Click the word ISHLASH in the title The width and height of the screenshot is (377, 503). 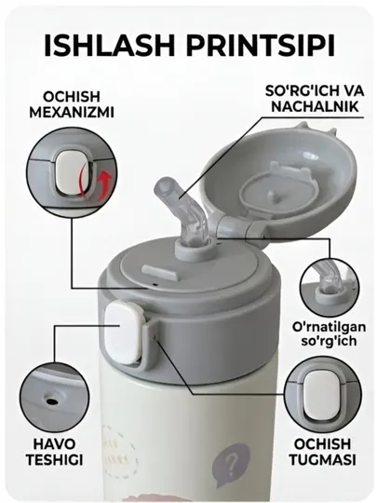point(109,46)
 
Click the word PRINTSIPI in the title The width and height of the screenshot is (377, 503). point(261,46)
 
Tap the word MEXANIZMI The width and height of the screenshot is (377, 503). point(72,113)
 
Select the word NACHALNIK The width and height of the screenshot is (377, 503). point(316,106)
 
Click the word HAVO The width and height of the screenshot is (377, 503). point(55,444)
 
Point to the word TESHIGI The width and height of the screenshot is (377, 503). point(55,460)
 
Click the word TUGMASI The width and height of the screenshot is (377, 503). point(323,459)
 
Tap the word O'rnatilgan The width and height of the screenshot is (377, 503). point(329,327)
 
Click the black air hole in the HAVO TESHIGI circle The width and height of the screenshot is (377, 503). point(51,401)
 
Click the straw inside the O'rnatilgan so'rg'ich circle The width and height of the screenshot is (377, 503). point(327,276)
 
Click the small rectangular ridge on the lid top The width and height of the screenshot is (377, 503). point(159,272)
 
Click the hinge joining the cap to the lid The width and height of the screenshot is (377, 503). point(234,226)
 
